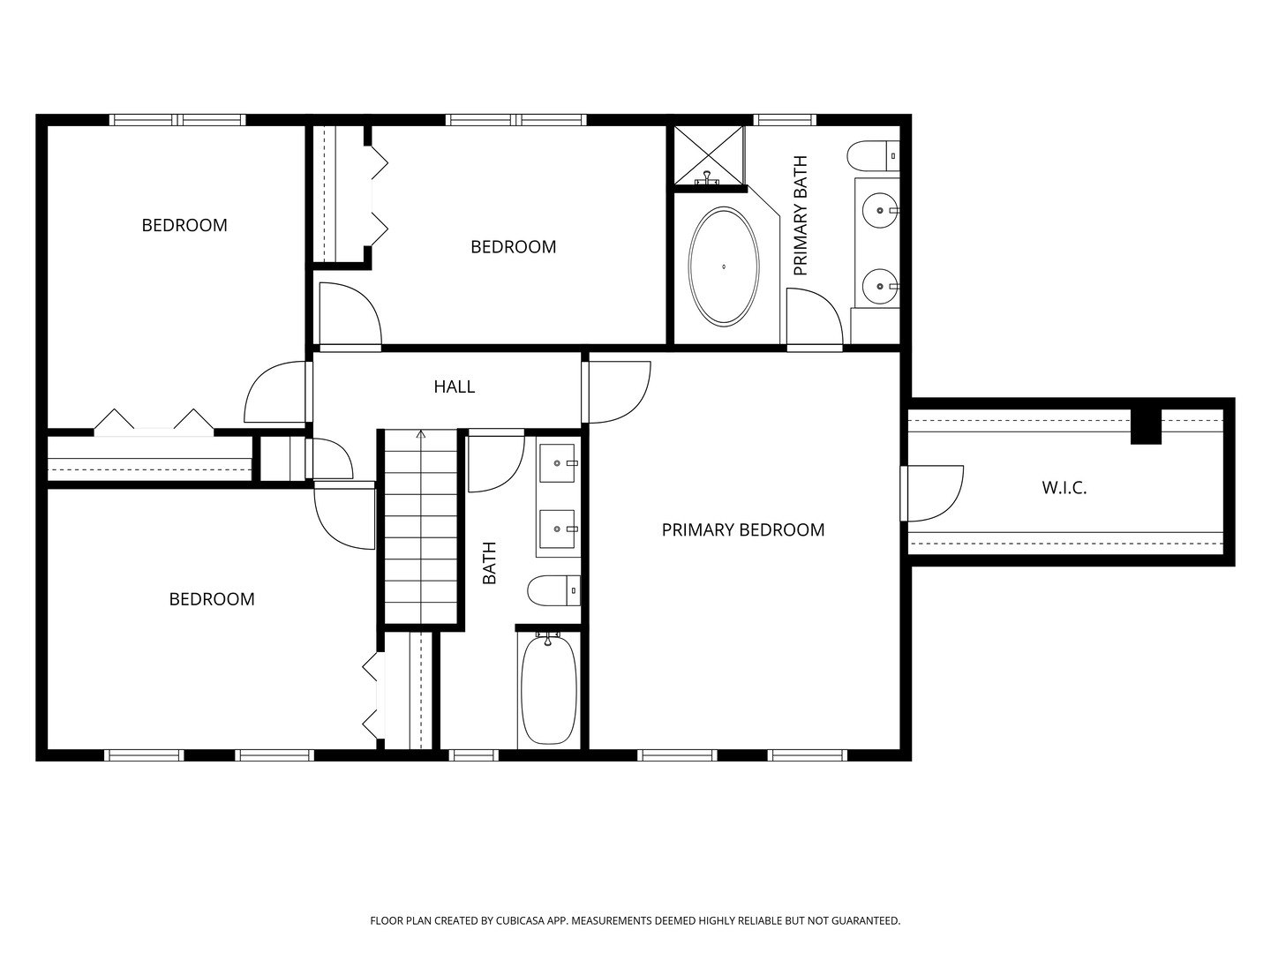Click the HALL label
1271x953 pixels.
pos(454,386)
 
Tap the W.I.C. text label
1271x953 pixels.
pos(1064,488)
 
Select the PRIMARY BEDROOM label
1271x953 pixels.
pos(742,529)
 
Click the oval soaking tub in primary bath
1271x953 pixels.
pos(723,266)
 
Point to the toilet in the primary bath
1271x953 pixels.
pos(873,156)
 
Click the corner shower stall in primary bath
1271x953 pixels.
pos(709,156)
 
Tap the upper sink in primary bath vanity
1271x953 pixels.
pos(879,211)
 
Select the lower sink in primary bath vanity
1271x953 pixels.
pos(879,285)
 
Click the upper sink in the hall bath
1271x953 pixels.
pos(558,462)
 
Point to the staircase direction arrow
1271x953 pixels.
pos(421,434)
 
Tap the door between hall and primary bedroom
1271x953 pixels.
pos(618,391)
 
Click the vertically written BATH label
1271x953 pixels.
pos(490,563)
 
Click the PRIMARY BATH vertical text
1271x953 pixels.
pos(801,216)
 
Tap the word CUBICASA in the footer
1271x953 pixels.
pos(513,920)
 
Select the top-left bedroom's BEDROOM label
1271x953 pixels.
pos(184,225)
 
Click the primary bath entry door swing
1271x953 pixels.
pos(814,319)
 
